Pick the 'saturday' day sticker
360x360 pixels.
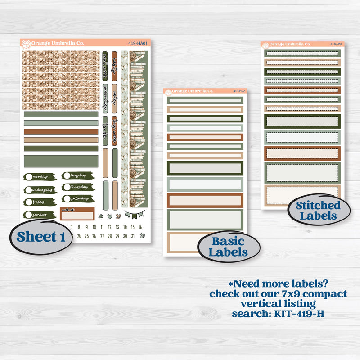(77, 198)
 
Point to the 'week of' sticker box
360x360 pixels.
(77, 213)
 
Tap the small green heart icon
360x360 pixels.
(109, 216)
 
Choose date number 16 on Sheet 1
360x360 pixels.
(141, 227)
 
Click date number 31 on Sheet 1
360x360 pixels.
(133, 236)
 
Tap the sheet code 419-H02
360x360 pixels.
(238, 91)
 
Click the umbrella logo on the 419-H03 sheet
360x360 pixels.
(265, 45)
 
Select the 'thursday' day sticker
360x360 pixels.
(77, 187)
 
